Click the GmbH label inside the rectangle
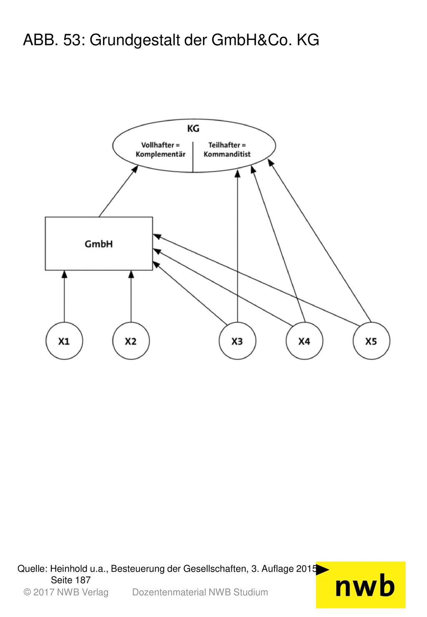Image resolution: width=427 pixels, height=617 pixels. coord(98,244)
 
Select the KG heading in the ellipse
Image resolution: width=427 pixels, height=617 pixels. coord(193,128)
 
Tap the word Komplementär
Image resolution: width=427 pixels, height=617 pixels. coord(161,154)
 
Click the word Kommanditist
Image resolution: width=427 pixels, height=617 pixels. coord(227,154)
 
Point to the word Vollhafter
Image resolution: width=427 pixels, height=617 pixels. coord(158,145)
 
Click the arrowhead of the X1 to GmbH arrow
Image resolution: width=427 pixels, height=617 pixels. coord(64,274)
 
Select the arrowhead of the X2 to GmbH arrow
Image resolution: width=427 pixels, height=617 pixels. coord(131,274)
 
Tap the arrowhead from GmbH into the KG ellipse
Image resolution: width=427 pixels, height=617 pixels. coord(135,169)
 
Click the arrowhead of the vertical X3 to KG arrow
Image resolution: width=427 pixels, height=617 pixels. coord(237,174)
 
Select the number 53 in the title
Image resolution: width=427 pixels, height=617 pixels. coord(72,40)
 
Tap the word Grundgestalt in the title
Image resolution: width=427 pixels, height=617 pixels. coord(135,40)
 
